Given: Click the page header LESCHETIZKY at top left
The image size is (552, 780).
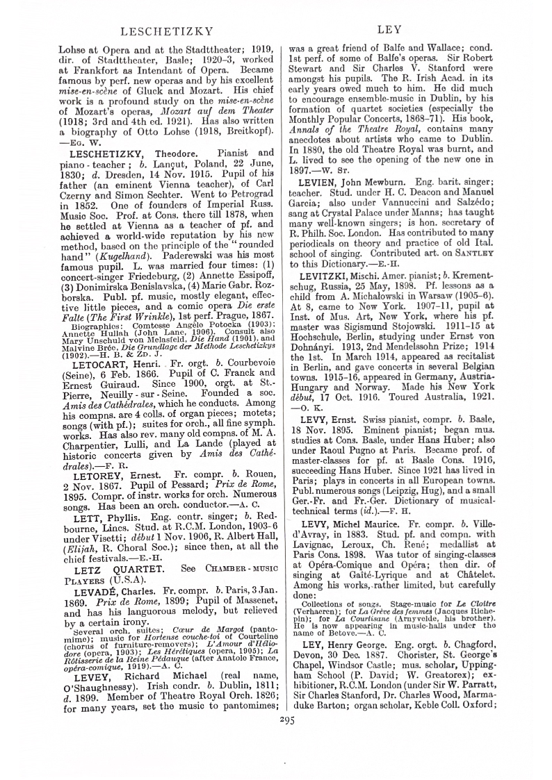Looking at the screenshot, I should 160,31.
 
